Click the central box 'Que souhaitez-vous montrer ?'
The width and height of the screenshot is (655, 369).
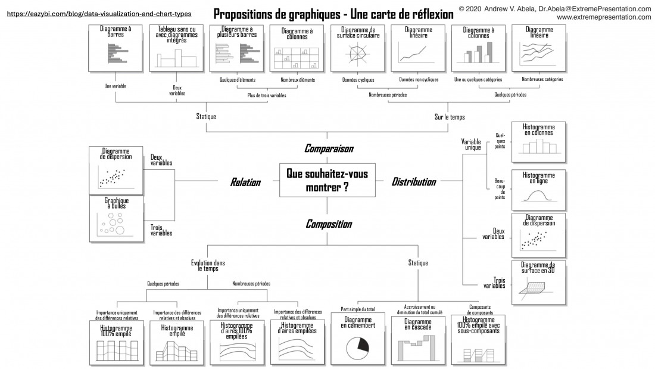pyautogui.click(x=327, y=180)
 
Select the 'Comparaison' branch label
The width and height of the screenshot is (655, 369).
pyautogui.click(x=329, y=148)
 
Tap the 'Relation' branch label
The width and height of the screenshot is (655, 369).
pyautogui.click(x=245, y=182)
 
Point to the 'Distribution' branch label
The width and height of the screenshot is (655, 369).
pyautogui.click(x=414, y=182)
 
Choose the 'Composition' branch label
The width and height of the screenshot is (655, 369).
pyautogui.click(x=329, y=224)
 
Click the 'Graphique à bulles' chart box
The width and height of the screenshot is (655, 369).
pyautogui.click(x=117, y=219)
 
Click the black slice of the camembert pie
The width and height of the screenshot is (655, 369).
pyautogui.click(x=363, y=344)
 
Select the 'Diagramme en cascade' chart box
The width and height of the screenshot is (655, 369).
pyautogui.click(x=418, y=340)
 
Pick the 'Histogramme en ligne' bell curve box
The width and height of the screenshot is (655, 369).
pyautogui.click(x=539, y=190)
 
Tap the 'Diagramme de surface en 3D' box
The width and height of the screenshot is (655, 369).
pyautogui.click(x=539, y=283)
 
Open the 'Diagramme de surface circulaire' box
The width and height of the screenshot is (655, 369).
pyautogui.click(x=358, y=48)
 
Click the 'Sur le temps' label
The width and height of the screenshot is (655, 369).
pyautogui.click(x=450, y=117)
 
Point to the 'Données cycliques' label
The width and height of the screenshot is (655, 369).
pyautogui.click(x=358, y=80)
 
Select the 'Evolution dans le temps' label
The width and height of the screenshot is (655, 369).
pyautogui.click(x=208, y=266)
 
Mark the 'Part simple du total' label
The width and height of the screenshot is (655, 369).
pyautogui.click(x=358, y=309)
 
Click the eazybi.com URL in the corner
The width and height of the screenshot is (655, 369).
pyautogui.click(x=99, y=14)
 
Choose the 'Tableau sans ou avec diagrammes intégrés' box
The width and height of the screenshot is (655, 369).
pyautogui.click(x=177, y=48)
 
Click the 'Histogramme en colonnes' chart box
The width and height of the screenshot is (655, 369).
pyautogui.click(x=539, y=142)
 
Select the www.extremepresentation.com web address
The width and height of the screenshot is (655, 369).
pyautogui.click(x=604, y=17)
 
